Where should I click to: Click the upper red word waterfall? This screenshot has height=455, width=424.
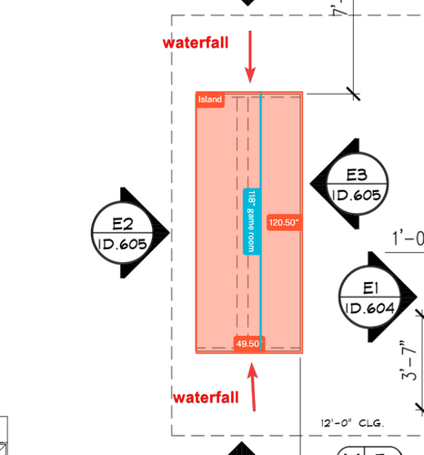point(196,43)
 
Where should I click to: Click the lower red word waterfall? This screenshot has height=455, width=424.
point(206,398)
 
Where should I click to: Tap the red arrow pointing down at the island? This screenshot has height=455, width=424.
point(250,56)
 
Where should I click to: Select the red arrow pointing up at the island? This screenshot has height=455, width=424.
point(252,387)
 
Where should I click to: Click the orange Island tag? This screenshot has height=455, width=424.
point(210,99)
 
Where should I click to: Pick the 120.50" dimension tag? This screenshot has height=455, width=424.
point(284,222)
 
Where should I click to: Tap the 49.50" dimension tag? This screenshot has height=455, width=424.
point(248,344)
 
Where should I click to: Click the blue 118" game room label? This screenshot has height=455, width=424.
point(252,221)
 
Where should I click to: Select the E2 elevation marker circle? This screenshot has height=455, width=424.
point(122,233)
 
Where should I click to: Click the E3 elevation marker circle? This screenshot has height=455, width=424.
point(358,184)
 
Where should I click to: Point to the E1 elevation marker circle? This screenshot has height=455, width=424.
point(369,297)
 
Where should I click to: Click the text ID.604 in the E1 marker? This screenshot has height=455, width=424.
point(369,308)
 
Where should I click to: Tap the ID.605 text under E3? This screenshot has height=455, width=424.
point(357,195)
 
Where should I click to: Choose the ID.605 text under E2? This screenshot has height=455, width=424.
point(122,244)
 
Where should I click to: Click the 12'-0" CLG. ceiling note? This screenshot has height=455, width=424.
point(352,423)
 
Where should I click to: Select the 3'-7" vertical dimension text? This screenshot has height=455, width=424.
point(409,360)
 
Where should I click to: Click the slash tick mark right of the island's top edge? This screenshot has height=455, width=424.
point(354,94)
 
